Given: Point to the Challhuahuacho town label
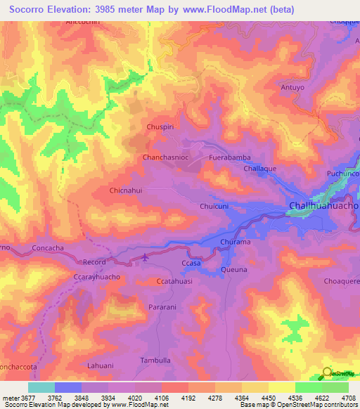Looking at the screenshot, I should tap(323, 206).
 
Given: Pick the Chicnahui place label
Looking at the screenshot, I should tap(127, 190).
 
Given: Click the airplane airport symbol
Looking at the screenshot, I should tap(146, 257).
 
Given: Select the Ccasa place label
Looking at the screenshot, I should tap(191, 263).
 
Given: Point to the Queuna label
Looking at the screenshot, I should tap(234, 269).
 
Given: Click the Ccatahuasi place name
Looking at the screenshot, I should tap(174, 281).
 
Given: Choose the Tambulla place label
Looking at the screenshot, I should tap(155, 361).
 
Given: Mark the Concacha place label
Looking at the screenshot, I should tap(49, 249).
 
